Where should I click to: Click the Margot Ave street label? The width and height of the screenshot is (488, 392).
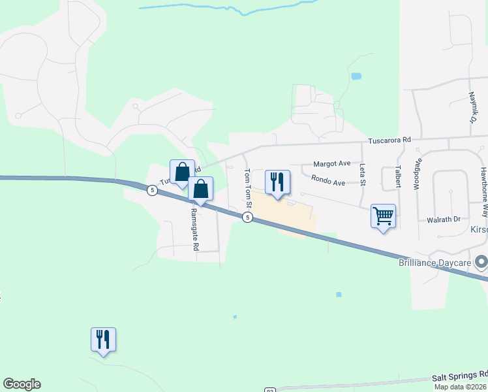click(331, 163)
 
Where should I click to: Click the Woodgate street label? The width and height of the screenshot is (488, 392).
click(418, 174)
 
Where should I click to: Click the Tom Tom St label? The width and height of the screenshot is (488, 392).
click(247, 188)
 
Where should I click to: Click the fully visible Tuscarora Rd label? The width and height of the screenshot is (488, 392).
click(389, 140)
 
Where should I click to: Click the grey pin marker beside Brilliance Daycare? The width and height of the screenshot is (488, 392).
click(482, 263)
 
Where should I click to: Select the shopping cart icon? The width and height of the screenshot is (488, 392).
click(383, 215)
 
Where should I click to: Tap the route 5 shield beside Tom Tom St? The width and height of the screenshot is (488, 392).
click(247, 218)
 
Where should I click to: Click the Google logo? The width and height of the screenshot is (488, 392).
click(22, 384)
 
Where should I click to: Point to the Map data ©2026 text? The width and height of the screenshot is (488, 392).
click(461, 387)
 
